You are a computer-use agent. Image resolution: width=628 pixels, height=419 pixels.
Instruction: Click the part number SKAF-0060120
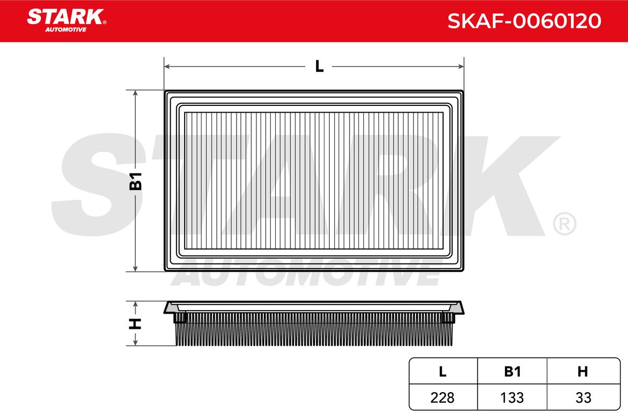coord(524,21)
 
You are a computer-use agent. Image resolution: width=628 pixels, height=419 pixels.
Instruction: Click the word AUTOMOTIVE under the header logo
coord(65,30)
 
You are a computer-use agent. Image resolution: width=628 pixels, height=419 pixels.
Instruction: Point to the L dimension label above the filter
coord(319,66)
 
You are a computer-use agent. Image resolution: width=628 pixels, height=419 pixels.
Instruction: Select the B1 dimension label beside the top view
coord(136,181)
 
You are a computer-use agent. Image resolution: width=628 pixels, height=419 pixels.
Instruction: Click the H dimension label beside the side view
coord(135,324)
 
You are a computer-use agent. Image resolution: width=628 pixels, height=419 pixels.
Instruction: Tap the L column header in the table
coord(442,371)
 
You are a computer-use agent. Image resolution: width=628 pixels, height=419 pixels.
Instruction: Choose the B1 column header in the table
coord(512,371)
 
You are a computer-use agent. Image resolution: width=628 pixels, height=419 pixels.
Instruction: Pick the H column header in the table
coord(582,371)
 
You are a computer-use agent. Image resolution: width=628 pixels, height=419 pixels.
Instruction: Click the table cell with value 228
coord(442,398)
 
